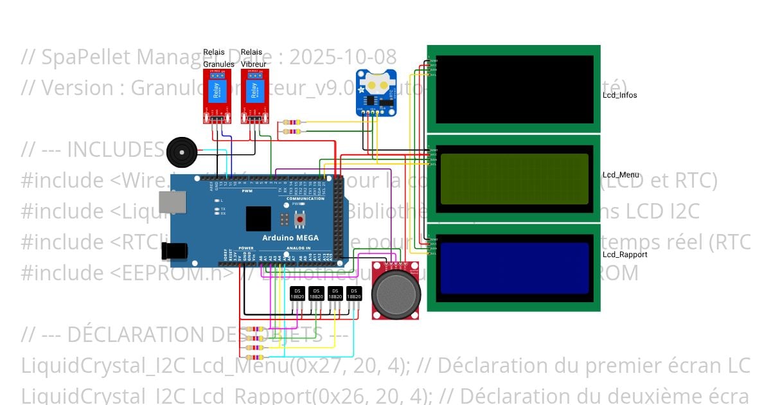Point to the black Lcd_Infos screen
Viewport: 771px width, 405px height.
coord(514,89)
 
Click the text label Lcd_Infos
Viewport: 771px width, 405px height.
coord(619,96)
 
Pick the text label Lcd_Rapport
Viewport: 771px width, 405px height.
coord(625,255)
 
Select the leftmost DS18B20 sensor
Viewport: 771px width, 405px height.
coord(297,294)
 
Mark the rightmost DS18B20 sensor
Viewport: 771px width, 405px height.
coord(353,294)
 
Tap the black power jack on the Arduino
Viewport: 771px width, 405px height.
coord(179,251)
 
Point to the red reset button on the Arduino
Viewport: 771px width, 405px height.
coord(299,221)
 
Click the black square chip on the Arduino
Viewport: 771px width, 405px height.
coord(258,219)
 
